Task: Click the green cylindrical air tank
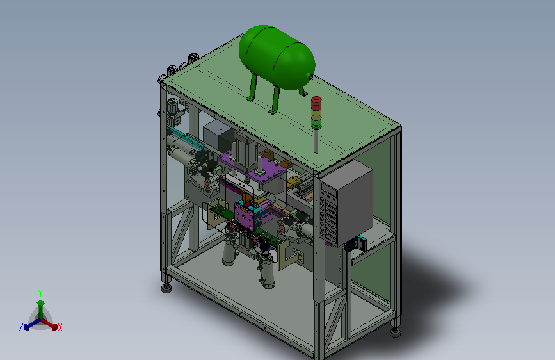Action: (x=277, y=58)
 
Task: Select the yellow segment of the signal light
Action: (x=316, y=115)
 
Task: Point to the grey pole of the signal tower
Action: (x=316, y=141)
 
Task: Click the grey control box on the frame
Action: (x=347, y=203)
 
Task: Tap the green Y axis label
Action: (x=40, y=293)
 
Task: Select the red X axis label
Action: (x=60, y=328)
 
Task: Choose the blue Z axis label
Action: (x=21, y=327)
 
